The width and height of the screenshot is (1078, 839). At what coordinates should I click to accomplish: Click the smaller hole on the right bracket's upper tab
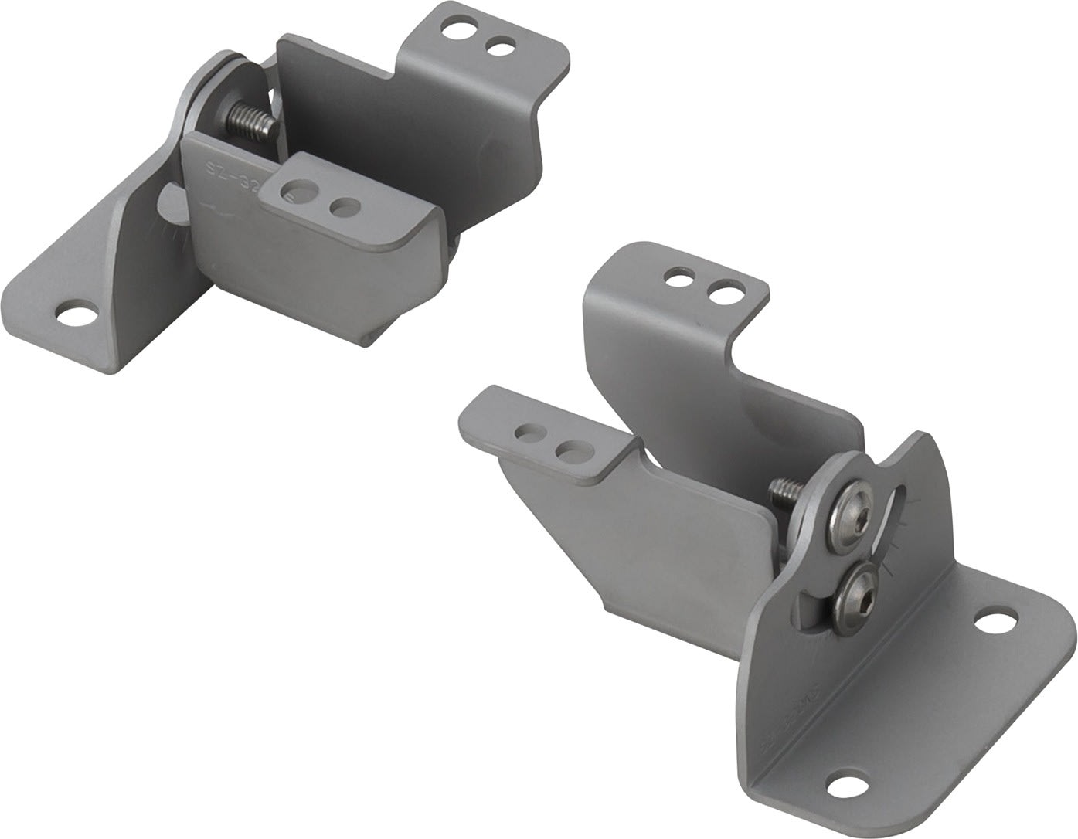click(682, 275)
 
